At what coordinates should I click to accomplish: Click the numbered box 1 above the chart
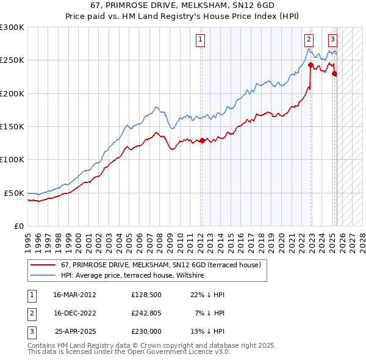[x=200, y=40]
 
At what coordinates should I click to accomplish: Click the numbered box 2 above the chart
[x=309, y=40]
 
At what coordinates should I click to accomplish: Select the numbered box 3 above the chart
[x=332, y=40]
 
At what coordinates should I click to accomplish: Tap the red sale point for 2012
[x=202, y=141]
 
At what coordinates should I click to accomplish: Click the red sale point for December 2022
[x=310, y=65]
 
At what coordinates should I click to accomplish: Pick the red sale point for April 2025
[x=334, y=73]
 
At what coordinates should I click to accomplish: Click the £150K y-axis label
[x=12, y=126]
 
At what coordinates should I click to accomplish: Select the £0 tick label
[x=20, y=226]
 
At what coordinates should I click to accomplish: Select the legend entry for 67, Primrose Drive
[x=161, y=265]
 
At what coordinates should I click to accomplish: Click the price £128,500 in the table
[x=146, y=295]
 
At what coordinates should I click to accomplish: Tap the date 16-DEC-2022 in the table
[x=75, y=314]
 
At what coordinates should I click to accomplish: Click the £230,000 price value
[x=146, y=332]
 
